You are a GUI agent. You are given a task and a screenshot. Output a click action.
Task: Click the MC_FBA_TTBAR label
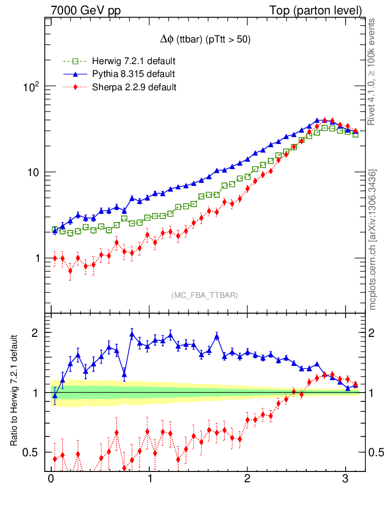click(205, 295)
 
